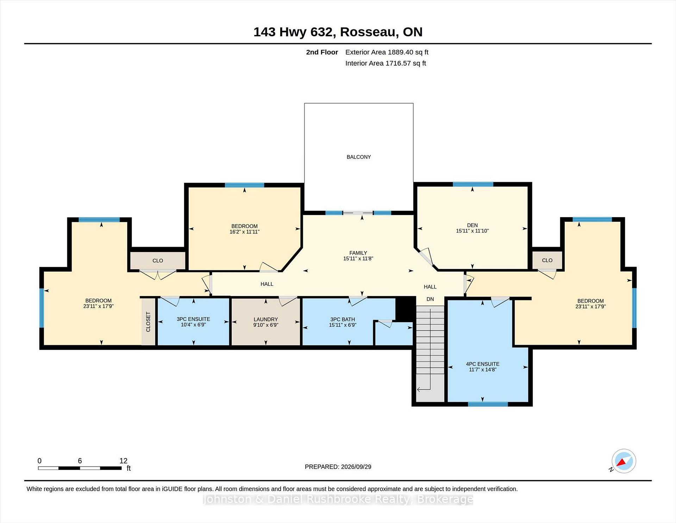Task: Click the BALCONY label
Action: (358, 157)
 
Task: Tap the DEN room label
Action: (472, 225)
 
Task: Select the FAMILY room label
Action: (358, 253)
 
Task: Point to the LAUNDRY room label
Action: (265, 319)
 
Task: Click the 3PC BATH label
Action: (343, 319)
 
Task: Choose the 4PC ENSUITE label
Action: (482, 364)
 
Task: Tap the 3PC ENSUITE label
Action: (193, 319)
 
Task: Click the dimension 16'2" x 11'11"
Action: (244, 232)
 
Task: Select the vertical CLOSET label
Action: (148, 322)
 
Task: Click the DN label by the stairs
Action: (430, 299)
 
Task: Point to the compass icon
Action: (624, 461)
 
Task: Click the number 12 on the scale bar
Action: (123, 461)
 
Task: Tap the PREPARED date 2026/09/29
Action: (356, 467)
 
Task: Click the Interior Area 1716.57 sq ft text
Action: (386, 63)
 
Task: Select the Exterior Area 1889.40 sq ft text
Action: (387, 52)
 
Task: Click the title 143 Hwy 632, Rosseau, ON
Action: (338, 32)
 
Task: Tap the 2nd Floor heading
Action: (322, 52)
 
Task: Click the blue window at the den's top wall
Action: (473, 184)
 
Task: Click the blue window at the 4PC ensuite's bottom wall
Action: (488, 404)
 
